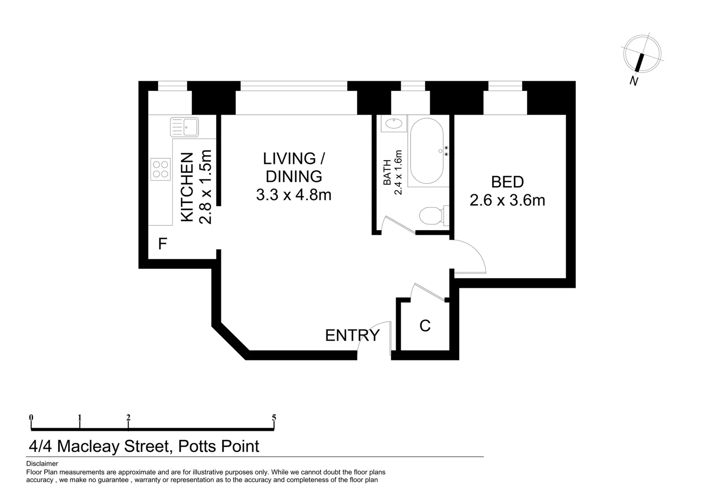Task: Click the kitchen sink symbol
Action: coord(185,127)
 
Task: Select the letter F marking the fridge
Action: coord(162,244)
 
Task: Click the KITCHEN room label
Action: coord(187,187)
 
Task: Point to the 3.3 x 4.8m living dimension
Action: coord(294,195)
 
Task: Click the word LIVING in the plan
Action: coord(289,159)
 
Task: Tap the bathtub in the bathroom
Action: coord(426,152)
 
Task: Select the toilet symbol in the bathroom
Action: coord(432,216)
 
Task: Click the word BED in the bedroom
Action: coord(507,182)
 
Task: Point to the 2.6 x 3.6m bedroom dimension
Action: coord(507,200)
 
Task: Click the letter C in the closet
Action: coord(424,326)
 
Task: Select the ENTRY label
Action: coord(352,335)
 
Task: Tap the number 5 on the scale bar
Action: coord(274,418)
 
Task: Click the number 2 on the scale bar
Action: coord(128,418)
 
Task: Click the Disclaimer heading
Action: coord(42,463)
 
